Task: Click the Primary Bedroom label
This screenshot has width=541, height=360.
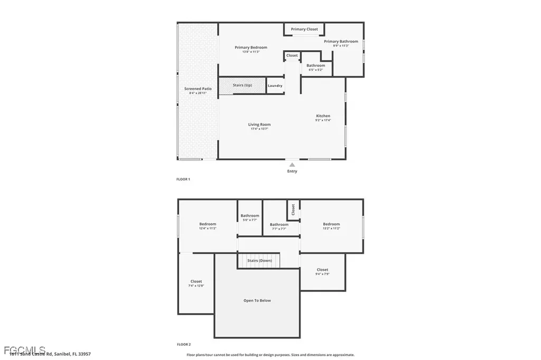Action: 251,48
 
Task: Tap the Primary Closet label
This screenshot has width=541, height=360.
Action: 304,29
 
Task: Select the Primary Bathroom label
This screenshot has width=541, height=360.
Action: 341,41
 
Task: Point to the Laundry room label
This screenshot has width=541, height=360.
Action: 275,86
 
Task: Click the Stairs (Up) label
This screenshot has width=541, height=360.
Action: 242,85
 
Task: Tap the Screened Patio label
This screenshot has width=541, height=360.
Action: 198,89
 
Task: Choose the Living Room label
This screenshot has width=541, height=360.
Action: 259,125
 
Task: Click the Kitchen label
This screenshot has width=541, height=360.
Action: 323,116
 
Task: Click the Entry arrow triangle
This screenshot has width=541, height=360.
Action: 292,165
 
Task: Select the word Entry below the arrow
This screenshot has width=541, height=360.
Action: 292,171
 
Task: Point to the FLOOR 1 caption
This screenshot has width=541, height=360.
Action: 183,179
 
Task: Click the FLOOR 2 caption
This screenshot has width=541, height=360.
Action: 183,344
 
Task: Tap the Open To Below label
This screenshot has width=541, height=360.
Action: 257,300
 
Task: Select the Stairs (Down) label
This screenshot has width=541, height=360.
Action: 260,261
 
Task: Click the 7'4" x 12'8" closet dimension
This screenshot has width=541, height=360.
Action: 196,286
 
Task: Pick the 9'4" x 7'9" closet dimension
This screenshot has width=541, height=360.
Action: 322,274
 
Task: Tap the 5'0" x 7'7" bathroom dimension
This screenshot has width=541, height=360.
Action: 250,220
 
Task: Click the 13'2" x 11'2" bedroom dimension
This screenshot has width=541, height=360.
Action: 331,229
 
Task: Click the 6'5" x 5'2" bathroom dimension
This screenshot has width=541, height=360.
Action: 316,70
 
